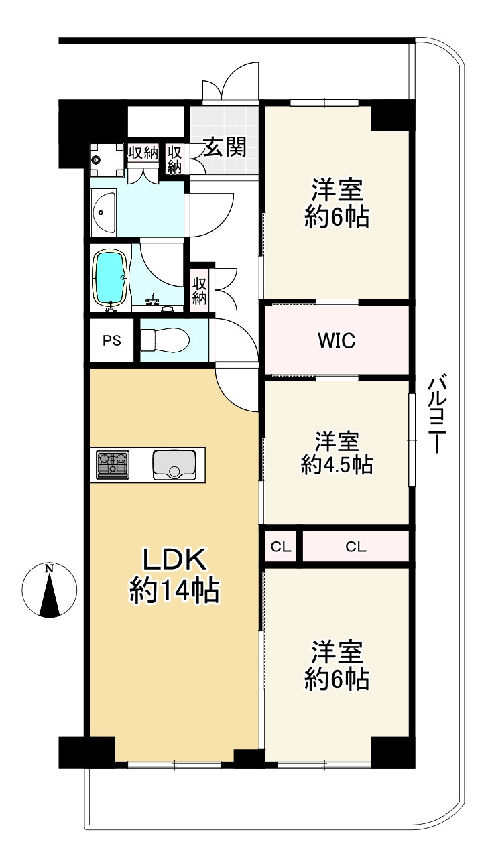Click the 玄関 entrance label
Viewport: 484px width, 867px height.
coord(225,147)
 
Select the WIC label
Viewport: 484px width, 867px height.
coord(337,341)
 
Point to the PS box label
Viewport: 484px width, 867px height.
coord(112,340)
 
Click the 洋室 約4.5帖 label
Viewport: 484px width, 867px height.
coord(337,453)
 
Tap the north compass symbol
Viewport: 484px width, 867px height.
coord(48,590)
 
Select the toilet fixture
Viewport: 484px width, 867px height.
coord(165,340)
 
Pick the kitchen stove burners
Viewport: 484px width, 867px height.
coord(112,464)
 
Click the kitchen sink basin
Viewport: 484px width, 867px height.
coord(174,464)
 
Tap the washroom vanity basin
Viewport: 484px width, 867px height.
coord(104,212)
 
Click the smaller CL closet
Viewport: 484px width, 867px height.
coord(281,546)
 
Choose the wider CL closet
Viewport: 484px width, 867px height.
coord(356,546)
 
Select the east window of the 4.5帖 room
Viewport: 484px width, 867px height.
coord(411,440)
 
